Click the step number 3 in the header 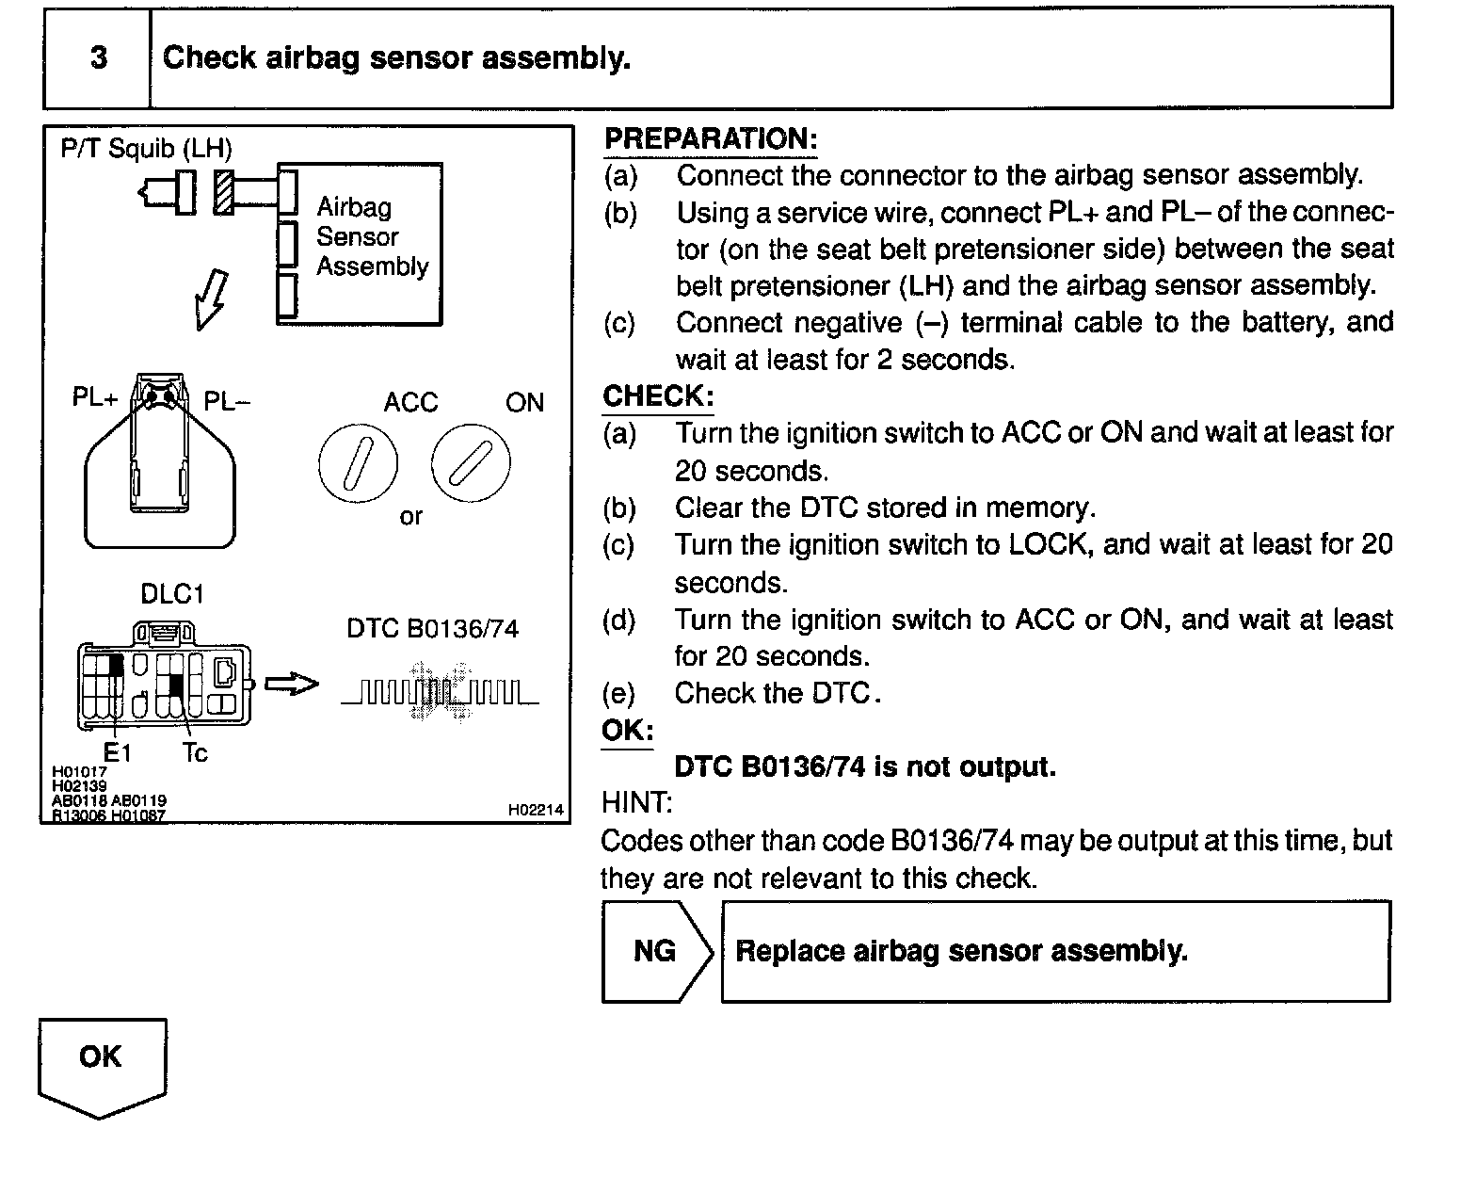pyautogui.click(x=98, y=58)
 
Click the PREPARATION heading pyautogui.click(x=711, y=139)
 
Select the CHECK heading pyautogui.click(x=658, y=396)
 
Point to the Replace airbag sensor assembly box pyautogui.click(x=1054, y=951)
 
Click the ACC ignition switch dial pyautogui.click(x=358, y=463)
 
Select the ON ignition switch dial pyautogui.click(x=471, y=463)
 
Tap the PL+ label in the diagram pyautogui.click(x=95, y=398)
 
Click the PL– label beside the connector pyautogui.click(x=227, y=402)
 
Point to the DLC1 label pyautogui.click(x=171, y=594)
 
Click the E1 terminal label pyautogui.click(x=118, y=753)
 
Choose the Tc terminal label pyautogui.click(x=195, y=753)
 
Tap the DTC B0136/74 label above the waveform pyautogui.click(x=432, y=629)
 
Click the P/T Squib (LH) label pyautogui.click(x=146, y=149)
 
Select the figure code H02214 pyautogui.click(x=535, y=810)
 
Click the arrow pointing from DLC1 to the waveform pyautogui.click(x=292, y=685)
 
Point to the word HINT pyautogui.click(x=636, y=803)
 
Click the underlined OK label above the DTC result pyautogui.click(x=627, y=731)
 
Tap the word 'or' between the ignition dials pyautogui.click(x=411, y=517)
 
